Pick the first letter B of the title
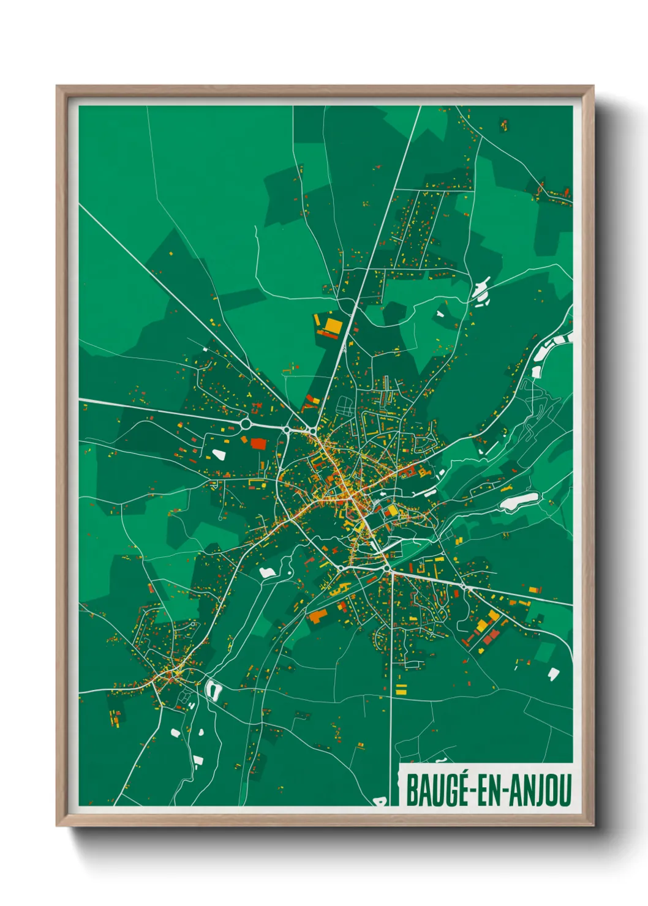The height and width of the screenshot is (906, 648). [x=411, y=790]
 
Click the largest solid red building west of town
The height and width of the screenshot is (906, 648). [x=258, y=443]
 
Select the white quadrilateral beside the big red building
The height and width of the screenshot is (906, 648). [x=218, y=454]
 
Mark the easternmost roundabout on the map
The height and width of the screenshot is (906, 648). [x=464, y=587]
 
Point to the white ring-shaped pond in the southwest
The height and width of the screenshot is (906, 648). [x=214, y=691]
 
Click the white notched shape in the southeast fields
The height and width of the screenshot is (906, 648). [x=553, y=673]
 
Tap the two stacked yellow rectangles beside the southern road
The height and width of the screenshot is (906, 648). [x=401, y=689]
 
